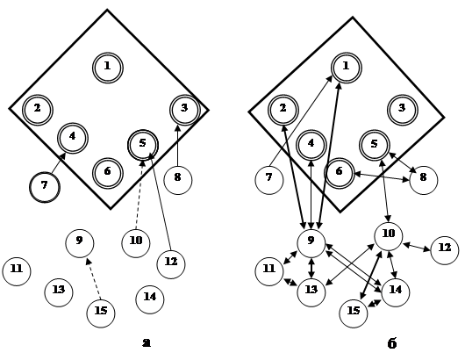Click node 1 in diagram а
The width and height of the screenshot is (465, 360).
pyautogui.click(x=108, y=68)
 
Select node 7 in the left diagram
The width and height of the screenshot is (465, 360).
pyautogui.click(x=45, y=187)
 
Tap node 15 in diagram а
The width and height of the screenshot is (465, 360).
pyautogui.click(x=101, y=313)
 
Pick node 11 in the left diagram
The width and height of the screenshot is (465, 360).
pyautogui.click(x=17, y=271)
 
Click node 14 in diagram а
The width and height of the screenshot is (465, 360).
pyautogui.click(x=150, y=299)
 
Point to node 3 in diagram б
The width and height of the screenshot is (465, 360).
pyautogui.click(x=403, y=110)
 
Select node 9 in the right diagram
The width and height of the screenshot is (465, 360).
pyautogui.click(x=311, y=243)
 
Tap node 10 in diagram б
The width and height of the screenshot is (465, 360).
pyautogui.click(x=389, y=236)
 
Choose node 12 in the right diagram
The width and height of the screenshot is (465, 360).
pyautogui.click(x=445, y=250)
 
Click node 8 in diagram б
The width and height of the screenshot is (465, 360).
pyautogui.click(x=424, y=180)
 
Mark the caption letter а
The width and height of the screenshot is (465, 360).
pyautogui.click(x=147, y=342)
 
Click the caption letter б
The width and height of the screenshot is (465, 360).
pyautogui.click(x=392, y=343)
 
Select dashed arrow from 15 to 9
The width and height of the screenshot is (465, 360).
pyautogui.click(x=93, y=278)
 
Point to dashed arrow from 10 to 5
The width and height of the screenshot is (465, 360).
pyautogui.click(x=139, y=195)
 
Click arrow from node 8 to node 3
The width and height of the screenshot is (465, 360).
pyautogui.click(x=177, y=146)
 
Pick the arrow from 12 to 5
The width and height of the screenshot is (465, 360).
pyautogui.click(x=161, y=202)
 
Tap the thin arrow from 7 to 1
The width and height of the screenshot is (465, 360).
pyautogui.click(x=301, y=121)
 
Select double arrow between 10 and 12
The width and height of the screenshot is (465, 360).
pyautogui.click(x=417, y=247)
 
